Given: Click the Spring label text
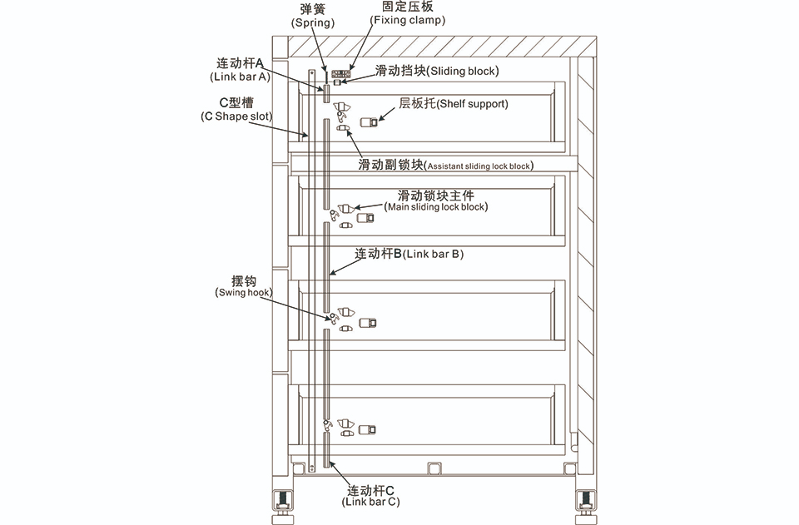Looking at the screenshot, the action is [312, 17].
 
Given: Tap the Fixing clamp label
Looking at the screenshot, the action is [407, 13].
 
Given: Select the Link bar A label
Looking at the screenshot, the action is [240, 70].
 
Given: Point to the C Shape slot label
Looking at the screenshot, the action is [236, 110].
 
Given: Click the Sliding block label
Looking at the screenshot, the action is [437, 71].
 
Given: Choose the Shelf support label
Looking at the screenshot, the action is [454, 104].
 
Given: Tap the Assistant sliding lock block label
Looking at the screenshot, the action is [446, 166].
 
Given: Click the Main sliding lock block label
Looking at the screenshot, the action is [436, 201].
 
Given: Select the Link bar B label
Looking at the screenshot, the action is [409, 254].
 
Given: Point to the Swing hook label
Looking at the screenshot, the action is [244, 287].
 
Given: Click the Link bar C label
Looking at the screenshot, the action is [370, 496].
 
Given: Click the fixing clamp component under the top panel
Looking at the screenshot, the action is [341, 74].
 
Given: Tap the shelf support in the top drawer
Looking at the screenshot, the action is [369, 122].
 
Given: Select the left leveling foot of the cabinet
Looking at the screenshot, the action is [282, 508].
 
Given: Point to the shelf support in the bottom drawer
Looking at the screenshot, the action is [367, 430].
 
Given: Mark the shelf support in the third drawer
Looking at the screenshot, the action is [367, 323].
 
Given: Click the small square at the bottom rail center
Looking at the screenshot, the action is [434, 468].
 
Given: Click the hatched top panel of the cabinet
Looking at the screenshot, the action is [442, 47].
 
